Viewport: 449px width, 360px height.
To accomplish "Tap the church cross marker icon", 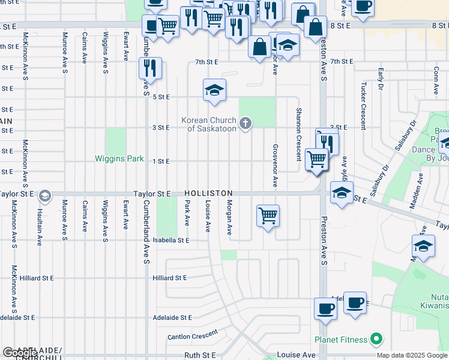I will (x=245, y=124).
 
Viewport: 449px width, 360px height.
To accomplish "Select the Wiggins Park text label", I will (x=119, y=159).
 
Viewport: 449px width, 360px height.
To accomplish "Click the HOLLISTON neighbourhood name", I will (x=208, y=194).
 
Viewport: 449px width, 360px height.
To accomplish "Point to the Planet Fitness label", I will (x=343, y=340).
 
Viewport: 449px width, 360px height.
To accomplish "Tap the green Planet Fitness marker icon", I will (x=376, y=340).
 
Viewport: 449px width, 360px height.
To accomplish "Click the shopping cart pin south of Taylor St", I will (x=268, y=215).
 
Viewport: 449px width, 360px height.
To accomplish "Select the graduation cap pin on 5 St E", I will (x=214, y=90).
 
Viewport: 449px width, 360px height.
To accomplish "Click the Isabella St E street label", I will (x=170, y=241).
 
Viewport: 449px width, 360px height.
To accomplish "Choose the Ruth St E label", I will (x=200, y=355).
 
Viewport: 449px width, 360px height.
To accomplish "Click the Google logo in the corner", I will (x=19, y=353).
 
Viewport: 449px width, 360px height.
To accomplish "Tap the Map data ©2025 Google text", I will (x=412, y=355).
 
